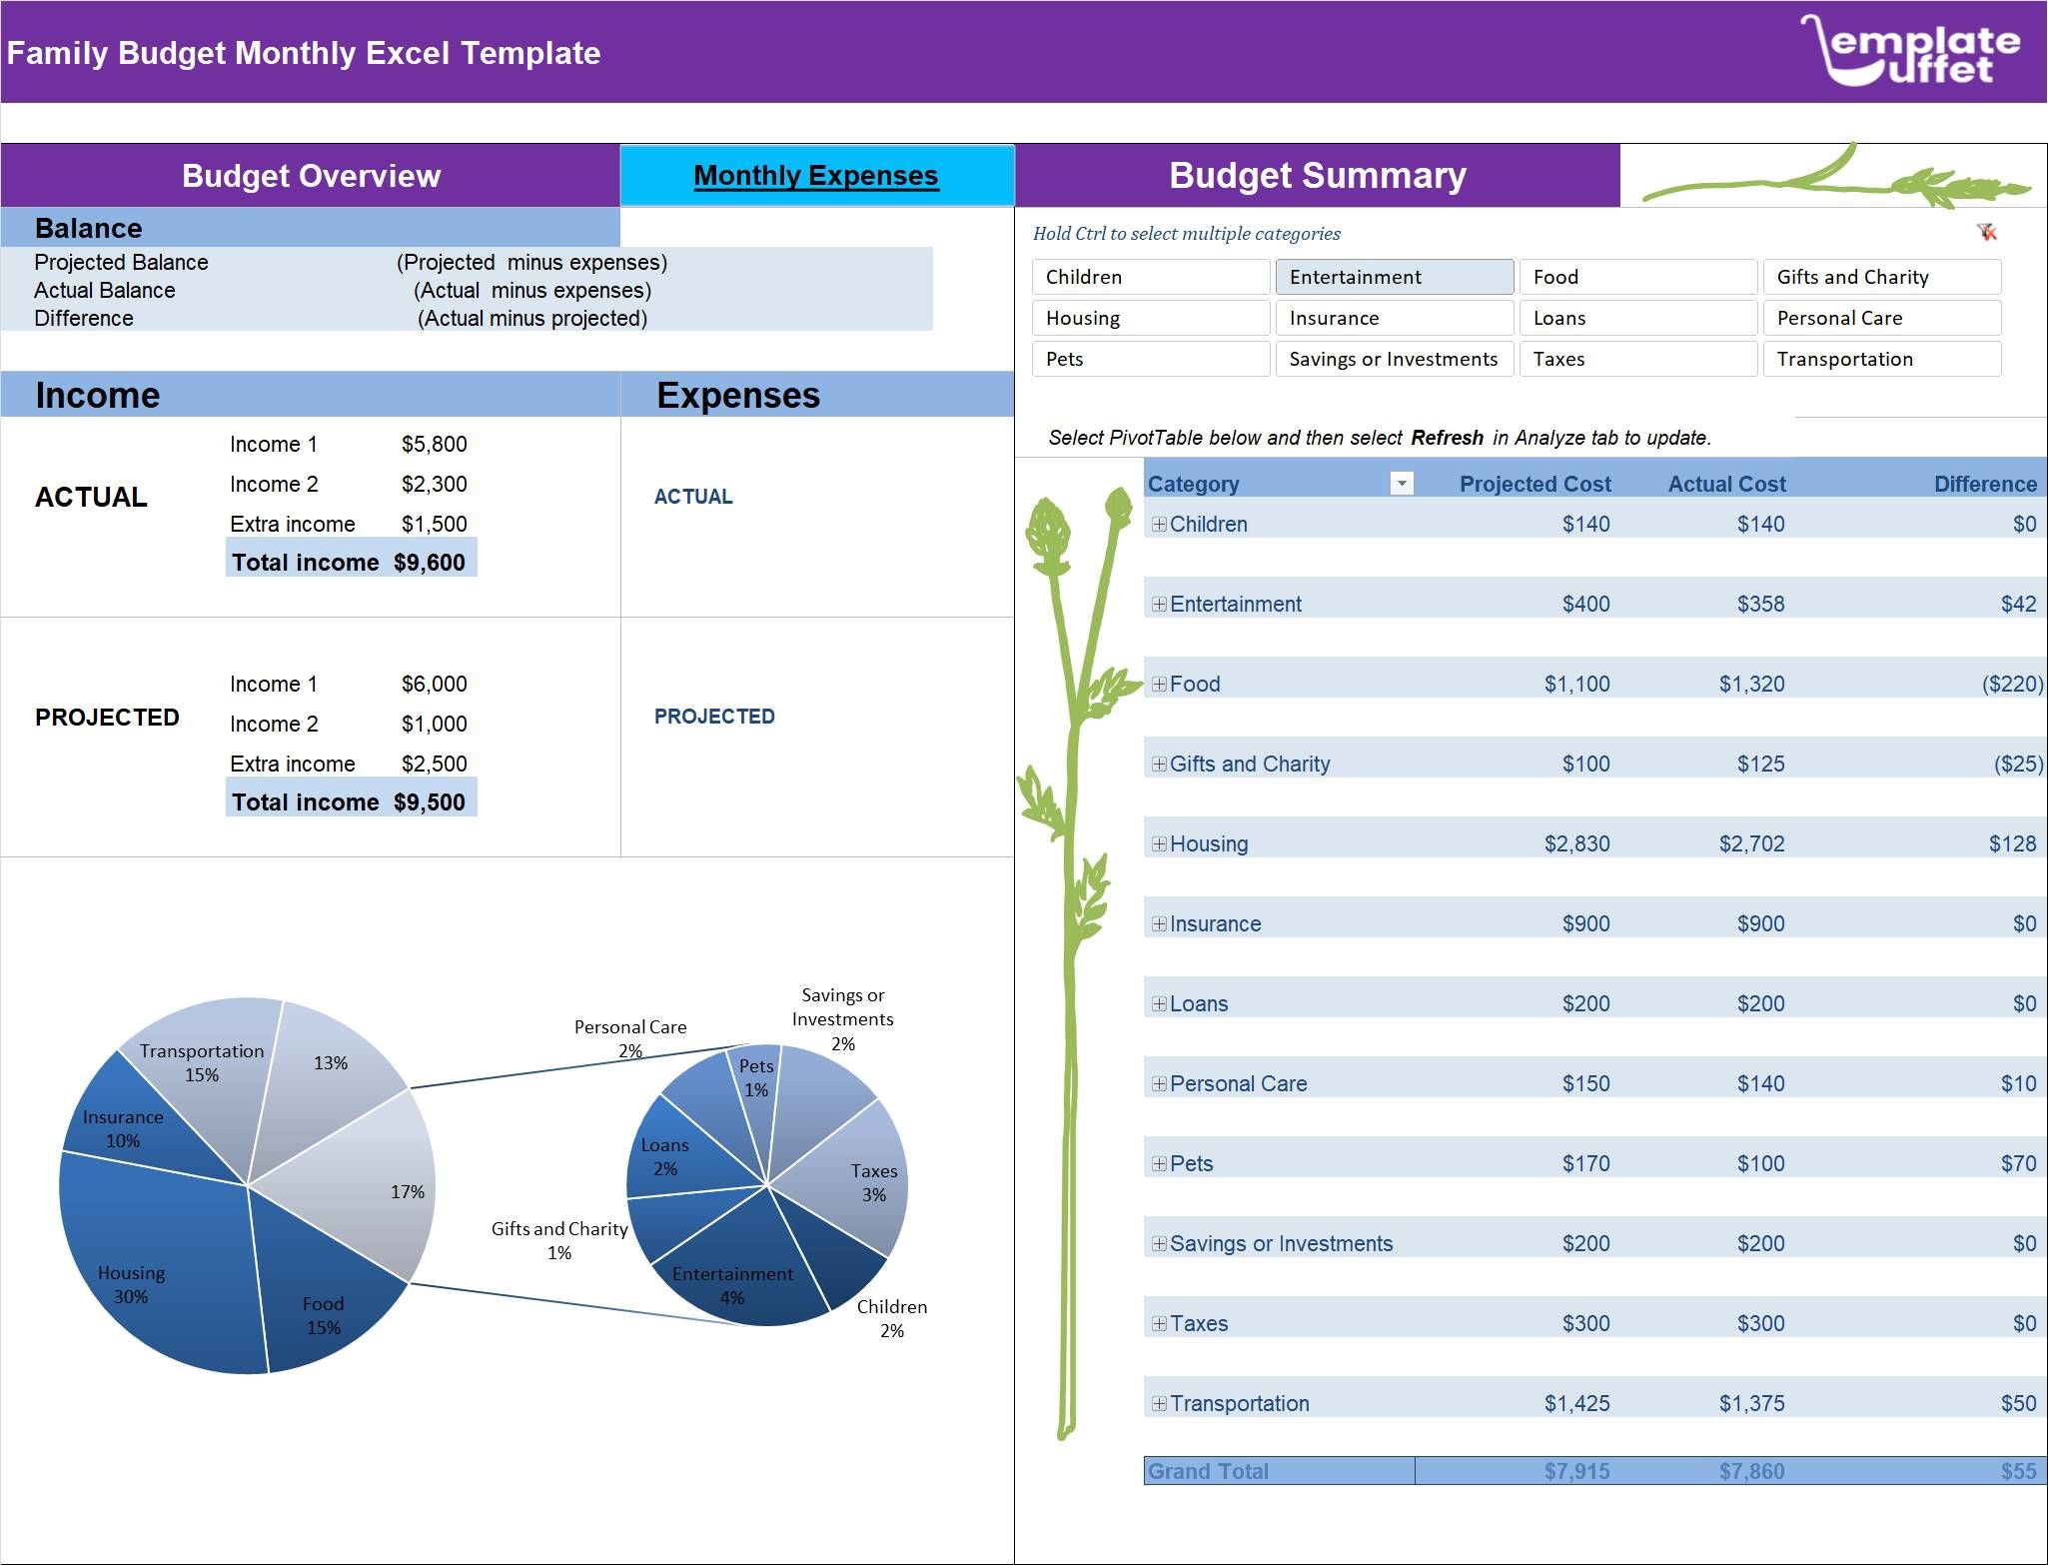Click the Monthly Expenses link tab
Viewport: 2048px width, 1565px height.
(x=816, y=176)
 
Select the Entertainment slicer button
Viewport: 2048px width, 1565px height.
(x=1394, y=277)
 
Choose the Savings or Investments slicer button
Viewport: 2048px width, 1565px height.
(x=1394, y=359)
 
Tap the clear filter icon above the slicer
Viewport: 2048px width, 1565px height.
(x=1987, y=232)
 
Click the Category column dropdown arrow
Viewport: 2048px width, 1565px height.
(x=1402, y=484)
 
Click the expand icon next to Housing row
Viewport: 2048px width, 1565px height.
(x=1159, y=843)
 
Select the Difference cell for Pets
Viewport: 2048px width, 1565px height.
(x=2018, y=1163)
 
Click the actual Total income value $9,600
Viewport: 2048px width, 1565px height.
(x=430, y=563)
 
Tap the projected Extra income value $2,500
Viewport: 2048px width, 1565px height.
(x=434, y=764)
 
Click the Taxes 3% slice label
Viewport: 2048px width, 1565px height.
(x=873, y=1182)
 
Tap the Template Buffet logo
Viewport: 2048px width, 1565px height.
(x=1910, y=50)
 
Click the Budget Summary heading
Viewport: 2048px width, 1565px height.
(x=1317, y=176)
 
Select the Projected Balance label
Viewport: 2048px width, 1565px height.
(x=121, y=262)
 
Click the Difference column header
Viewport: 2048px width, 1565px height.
(x=1984, y=484)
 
